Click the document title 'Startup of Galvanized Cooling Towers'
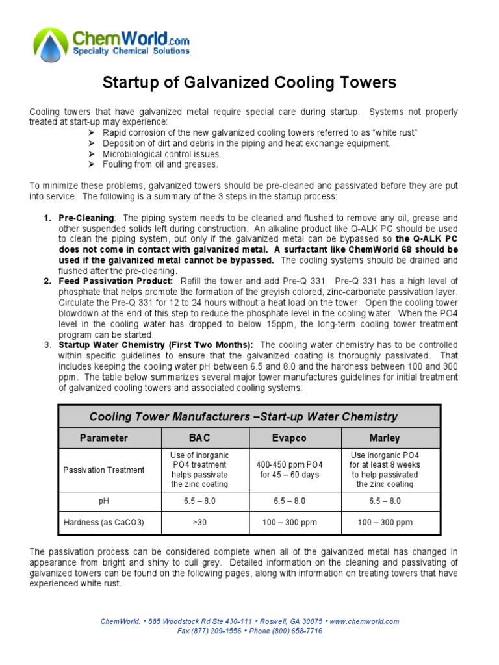point(250,82)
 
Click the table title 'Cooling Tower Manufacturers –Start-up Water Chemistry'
point(243,416)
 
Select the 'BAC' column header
point(199,438)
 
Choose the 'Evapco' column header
point(290,438)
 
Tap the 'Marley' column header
point(385,438)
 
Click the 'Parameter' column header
point(104,438)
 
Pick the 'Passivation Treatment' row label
point(104,470)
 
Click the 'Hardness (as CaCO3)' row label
point(104,522)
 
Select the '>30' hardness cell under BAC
point(199,522)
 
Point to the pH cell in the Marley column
point(385,501)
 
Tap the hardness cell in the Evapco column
point(290,522)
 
